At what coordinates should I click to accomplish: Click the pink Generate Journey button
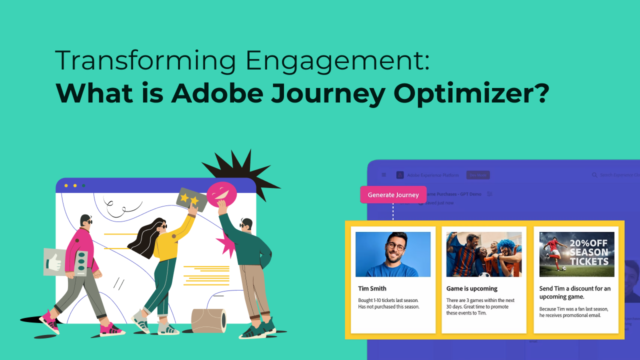coord(393,194)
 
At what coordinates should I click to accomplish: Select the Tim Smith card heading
coord(372,288)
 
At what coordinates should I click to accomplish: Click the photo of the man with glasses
coord(393,254)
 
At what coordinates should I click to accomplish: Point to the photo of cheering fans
coord(484,254)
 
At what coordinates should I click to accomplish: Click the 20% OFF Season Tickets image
coord(576,254)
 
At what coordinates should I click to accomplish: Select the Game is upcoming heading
coord(471,288)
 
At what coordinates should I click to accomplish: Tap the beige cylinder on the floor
coord(208,320)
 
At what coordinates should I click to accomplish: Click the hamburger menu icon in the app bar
coord(384,175)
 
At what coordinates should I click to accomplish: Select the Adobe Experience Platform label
coord(432,175)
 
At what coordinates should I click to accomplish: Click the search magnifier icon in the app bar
coord(594,175)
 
